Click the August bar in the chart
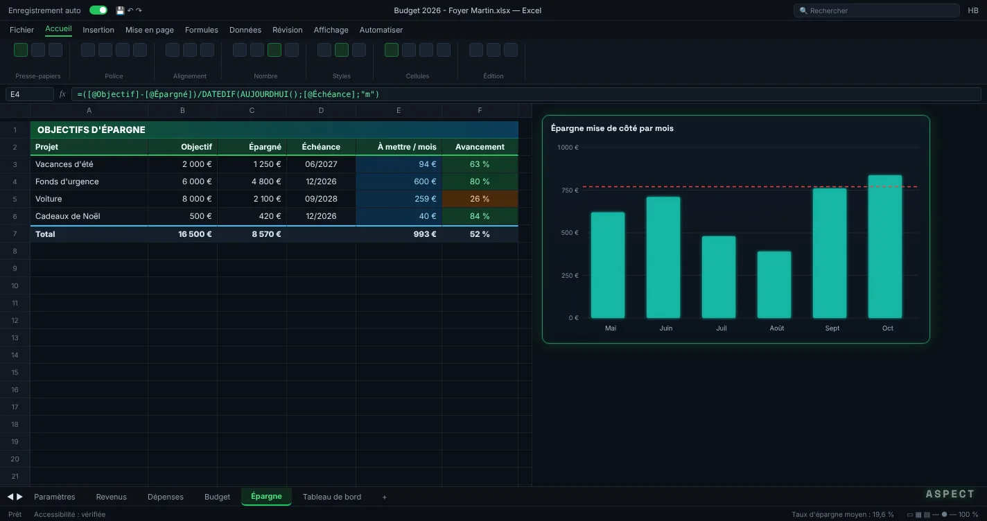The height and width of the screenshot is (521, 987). point(774,285)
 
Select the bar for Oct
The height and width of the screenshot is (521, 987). point(885,247)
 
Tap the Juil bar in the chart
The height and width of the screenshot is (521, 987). point(719,277)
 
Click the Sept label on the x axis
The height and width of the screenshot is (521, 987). point(832,328)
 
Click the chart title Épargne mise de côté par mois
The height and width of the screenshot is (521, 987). point(612,128)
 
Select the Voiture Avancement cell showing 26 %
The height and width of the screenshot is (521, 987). point(480,199)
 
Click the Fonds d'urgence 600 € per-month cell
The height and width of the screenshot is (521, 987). point(399,182)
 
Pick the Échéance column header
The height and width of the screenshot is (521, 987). point(321,147)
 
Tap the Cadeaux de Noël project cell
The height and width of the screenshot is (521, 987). point(89,216)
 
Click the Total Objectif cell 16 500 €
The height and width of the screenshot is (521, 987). point(182,234)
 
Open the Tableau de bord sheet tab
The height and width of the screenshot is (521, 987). point(332,497)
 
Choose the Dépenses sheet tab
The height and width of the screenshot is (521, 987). point(165,497)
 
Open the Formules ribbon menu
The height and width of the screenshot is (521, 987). point(202,30)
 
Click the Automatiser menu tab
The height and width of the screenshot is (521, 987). point(381,30)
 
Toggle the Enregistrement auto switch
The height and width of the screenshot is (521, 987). point(98,10)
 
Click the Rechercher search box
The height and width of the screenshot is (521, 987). point(876,10)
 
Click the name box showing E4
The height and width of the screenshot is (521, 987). point(30,94)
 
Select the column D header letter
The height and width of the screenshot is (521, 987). point(321,111)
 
